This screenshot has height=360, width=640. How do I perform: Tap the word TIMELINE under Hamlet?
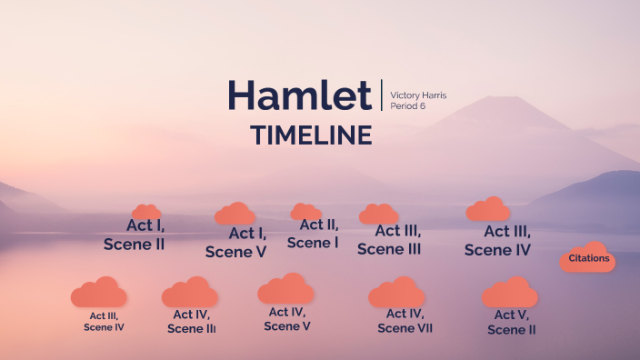click(x=311, y=135)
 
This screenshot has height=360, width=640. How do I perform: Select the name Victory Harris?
click(x=418, y=95)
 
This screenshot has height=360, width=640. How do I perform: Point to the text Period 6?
click(x=407, y=106)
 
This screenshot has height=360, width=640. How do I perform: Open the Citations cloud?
click(x=588, y=258)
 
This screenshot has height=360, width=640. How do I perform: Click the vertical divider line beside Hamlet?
click(x=382, y=95)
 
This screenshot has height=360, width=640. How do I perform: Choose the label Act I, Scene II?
click(x=135, y=235)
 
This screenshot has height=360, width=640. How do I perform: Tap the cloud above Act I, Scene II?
click(x=145, y=212)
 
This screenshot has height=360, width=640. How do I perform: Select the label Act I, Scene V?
click(x=236, y=243)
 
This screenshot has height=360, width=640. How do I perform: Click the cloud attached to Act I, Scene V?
click(x=235, y=215)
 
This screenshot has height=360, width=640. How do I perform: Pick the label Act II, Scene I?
click(x=314, y=234)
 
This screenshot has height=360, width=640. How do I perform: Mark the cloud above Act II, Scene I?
click(x=305, y=212)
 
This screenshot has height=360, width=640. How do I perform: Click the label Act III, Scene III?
click(x=389, y=239)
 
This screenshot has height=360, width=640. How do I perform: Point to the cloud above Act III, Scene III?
click(x=378, y=215)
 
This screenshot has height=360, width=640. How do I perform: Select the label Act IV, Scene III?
click(x=192, y=321)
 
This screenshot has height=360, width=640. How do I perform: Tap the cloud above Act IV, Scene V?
click(x=285, y=289)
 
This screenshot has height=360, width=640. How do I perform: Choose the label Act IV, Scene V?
click(x=288, y=319)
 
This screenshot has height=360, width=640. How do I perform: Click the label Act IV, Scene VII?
click(x=405, y=321)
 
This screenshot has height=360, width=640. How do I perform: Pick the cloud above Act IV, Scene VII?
click(x=397, y=293)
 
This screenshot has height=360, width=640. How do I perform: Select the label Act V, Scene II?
click(x=512, y=322)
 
